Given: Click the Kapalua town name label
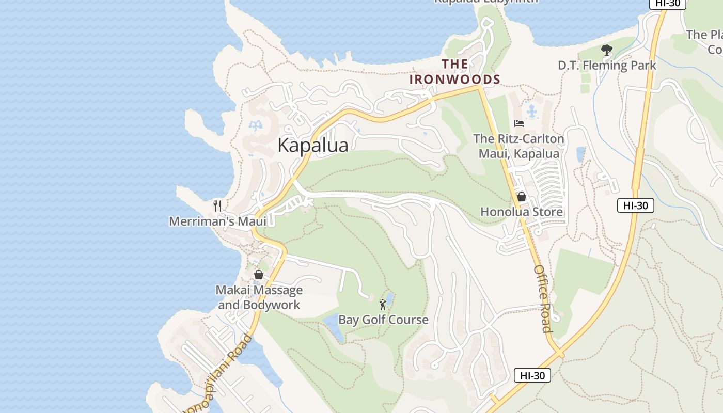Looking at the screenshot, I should tap(312, 146).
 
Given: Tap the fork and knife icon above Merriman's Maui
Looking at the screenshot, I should tap(217, 206).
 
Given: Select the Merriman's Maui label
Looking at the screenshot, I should tap(217, 221).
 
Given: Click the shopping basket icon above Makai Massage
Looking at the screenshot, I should tap(259, 275).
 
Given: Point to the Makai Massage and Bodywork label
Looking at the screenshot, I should tap(259, 297).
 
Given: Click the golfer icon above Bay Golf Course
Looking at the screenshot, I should tap(383, 305).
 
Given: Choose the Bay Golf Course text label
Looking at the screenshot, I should tap(383, 320).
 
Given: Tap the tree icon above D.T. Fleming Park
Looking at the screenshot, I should tap(607, 50).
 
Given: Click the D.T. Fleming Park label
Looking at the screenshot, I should tap(607, 66).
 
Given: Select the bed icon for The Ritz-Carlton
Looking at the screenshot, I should tap(519, 123).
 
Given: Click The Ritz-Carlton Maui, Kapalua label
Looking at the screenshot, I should tap(518, 146).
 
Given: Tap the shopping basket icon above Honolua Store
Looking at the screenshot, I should tap(521, 197).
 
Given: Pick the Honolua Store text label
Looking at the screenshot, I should tap(522, 212).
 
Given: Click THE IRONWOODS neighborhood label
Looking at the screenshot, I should tap(455, 72).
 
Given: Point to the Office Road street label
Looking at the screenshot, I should tap(543, 299).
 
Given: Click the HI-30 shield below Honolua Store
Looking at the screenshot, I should tap(635, 205).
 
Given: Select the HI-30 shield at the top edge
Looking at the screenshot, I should tap(667, 3).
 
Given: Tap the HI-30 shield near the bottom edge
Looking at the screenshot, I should tap(532, 375).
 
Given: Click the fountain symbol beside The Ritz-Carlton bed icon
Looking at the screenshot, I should tap(531, 111).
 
